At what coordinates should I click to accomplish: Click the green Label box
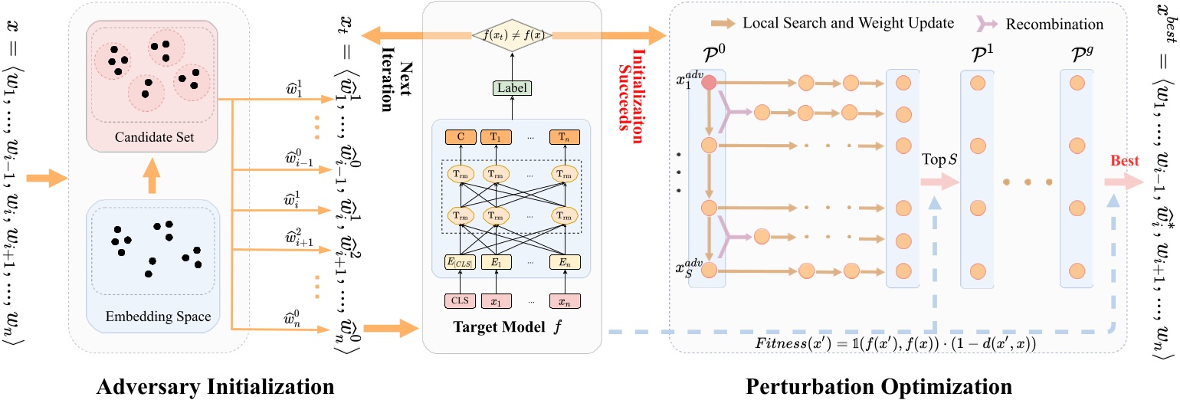508,87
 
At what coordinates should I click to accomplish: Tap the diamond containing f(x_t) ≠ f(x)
508,35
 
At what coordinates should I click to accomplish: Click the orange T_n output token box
564,138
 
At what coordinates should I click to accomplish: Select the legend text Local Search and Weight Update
847,24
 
